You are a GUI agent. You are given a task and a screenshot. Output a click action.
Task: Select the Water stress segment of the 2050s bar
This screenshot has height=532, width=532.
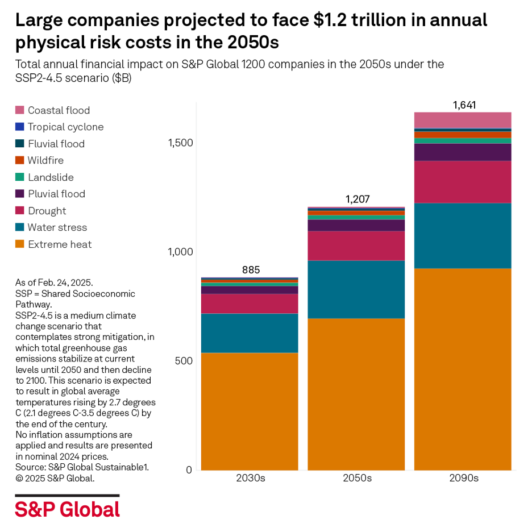tap(356, 289)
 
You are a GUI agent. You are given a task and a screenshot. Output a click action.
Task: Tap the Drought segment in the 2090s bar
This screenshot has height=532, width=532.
tap(463, 182)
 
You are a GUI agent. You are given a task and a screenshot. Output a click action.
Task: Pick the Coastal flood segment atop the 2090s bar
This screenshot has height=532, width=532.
tap(463, 120)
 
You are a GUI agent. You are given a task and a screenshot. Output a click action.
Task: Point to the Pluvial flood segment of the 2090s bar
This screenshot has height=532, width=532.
tap(463, 152)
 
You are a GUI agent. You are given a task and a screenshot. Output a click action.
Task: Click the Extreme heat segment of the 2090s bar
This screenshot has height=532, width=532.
tap(463, 369)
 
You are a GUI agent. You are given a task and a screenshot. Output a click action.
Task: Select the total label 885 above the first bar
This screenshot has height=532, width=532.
tap(251, 269)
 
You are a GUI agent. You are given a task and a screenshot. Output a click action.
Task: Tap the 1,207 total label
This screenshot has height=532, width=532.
tap(357, 199)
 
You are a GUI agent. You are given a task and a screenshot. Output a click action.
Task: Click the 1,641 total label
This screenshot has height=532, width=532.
tap(463, 105)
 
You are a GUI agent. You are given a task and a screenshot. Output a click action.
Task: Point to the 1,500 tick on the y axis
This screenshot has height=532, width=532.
tap(180, 143)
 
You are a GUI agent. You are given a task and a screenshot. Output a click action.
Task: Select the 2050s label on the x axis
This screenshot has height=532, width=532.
tap(357, 479)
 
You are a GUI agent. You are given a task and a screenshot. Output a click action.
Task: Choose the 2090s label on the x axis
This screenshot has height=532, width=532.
tap(463, 479)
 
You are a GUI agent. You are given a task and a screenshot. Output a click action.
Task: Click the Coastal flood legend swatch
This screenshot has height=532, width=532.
tap(20, 110)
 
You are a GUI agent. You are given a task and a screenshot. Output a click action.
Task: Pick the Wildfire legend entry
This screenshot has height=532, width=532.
tap(45, 160)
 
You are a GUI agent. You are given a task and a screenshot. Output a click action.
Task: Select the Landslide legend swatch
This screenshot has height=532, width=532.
tap(20, 177)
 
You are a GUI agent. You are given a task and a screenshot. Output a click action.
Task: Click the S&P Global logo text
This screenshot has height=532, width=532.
tap(67, 509)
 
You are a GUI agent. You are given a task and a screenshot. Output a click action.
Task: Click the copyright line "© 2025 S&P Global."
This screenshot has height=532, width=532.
tap(55, 479)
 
